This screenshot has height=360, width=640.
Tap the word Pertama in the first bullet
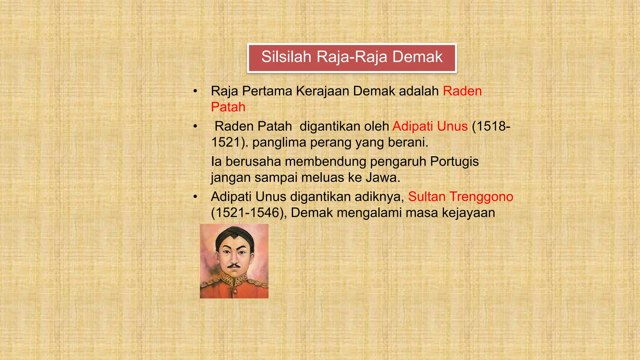(267, 91)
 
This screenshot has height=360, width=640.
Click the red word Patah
(228, 107)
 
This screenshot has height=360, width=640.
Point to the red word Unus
(452, 126)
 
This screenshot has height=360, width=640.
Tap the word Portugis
(454, 162)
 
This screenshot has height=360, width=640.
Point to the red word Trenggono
(481, 197)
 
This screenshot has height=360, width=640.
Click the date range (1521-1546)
(249, 213)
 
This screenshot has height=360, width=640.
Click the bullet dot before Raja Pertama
(195, 91)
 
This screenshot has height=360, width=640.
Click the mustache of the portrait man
(234, 266)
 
